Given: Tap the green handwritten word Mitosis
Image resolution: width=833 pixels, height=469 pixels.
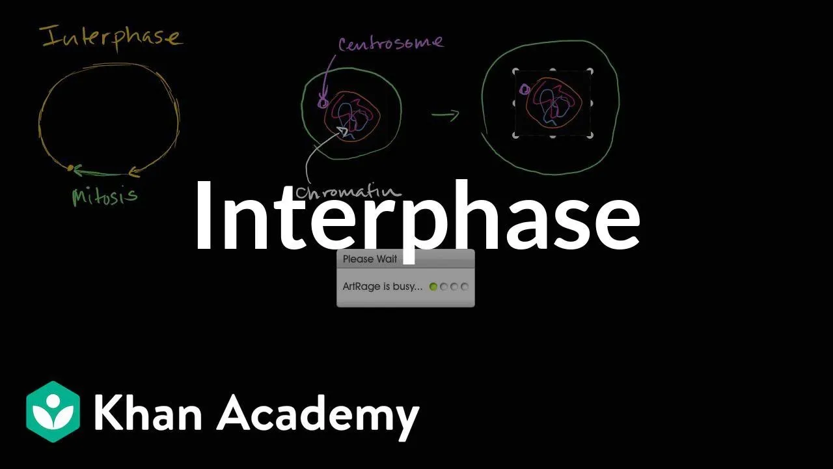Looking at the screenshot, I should click(105, 195).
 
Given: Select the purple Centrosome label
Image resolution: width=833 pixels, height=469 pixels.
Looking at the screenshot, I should click(390, 44).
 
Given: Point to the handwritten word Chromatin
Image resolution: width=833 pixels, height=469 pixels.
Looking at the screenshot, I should click(348, 192).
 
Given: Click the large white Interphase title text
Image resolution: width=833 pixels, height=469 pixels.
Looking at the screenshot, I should click(416, 215).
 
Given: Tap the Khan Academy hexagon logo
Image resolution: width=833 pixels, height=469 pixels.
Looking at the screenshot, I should click(53, 412).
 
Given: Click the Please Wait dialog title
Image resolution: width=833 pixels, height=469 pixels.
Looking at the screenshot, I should click(370, 259).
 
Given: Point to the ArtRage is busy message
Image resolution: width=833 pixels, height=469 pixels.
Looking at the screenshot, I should click(383, 287).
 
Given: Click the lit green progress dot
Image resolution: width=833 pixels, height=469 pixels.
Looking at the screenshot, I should click(433, 287).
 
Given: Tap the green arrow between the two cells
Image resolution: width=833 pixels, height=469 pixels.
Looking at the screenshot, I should click(445, 115).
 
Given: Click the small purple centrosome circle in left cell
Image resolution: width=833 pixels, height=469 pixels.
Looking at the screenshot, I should click(322, 102).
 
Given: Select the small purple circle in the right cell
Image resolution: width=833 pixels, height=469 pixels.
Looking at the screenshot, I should click(525, 89).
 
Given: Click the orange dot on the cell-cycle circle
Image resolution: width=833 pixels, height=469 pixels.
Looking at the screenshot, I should click(71, 168).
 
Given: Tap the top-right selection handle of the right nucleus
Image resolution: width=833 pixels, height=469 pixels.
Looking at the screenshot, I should click(590, 71).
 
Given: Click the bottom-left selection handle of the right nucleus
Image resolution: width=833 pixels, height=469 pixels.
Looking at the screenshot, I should click(515, 135).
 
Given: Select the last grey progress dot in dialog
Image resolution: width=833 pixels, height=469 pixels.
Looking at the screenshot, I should click(465, 287).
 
